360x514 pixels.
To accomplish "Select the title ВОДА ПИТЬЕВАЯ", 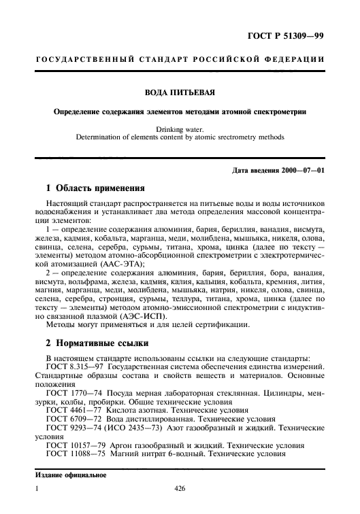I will [179, 96].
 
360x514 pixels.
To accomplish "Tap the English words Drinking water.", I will [180, 127].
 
